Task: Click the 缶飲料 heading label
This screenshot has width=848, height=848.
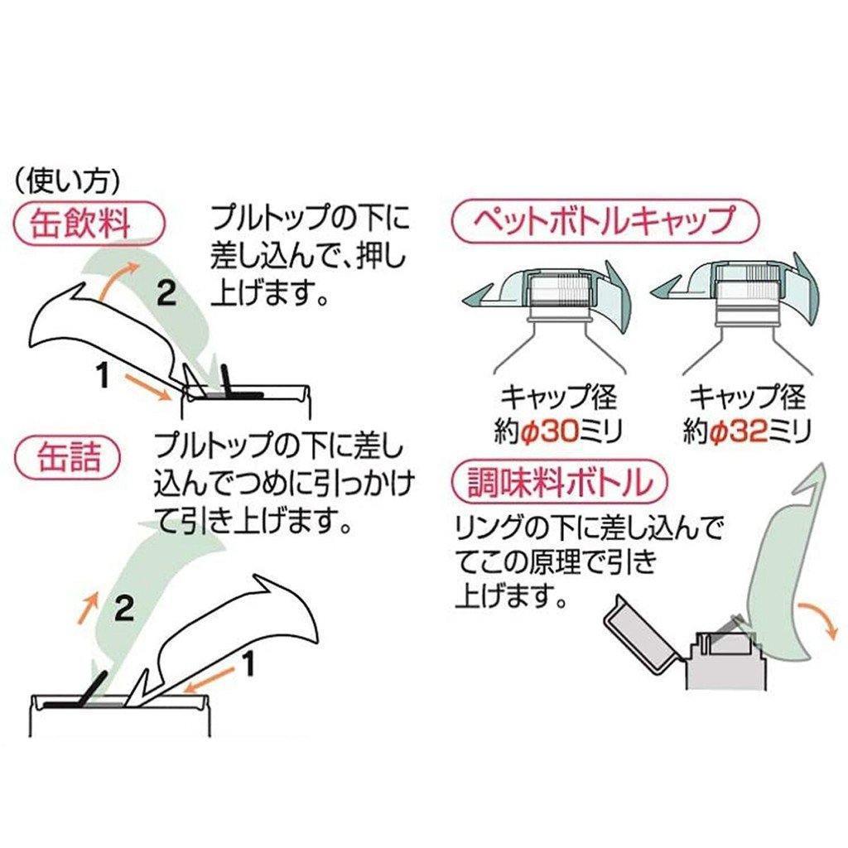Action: [x=86, y=223]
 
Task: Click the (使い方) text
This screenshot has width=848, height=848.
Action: [x=70, y=178]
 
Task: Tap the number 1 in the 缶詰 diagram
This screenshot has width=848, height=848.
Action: [x=246, y=663]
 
